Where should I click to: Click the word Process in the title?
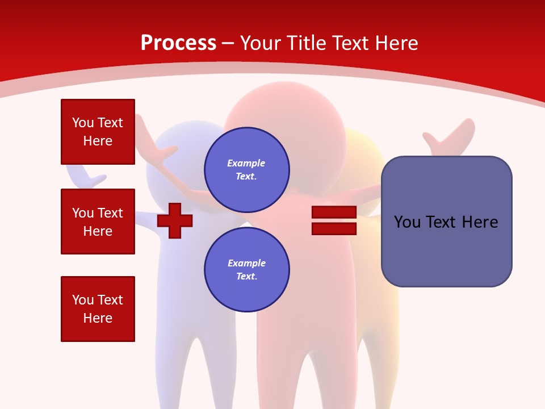[x=179, y=43]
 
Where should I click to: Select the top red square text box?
[x=98, y=132]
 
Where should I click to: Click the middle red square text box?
[x=98, y=222]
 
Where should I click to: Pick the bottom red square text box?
[x=98, y=309]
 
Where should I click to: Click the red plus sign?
[x=175, y=221]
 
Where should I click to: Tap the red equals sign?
[x=334, y=220]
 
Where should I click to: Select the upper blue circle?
[x=247, y=170]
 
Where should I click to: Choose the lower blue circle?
[x=247, y=269]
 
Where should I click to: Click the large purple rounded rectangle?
[x=447, y=222]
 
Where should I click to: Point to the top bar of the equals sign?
[x=334, y=212]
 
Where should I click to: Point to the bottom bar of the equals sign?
[x=334, y=229]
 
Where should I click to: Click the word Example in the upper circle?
[x=246, y=164]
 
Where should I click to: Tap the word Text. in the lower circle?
[x=247, y=276]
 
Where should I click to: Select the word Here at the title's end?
[x=397, y=43]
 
